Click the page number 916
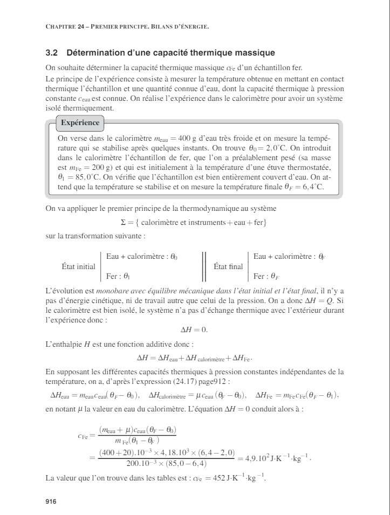[51, 502]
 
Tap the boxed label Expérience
[80, 122]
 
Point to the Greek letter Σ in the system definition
[123, 222]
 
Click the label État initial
[79, 266]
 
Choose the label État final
[228, 266]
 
